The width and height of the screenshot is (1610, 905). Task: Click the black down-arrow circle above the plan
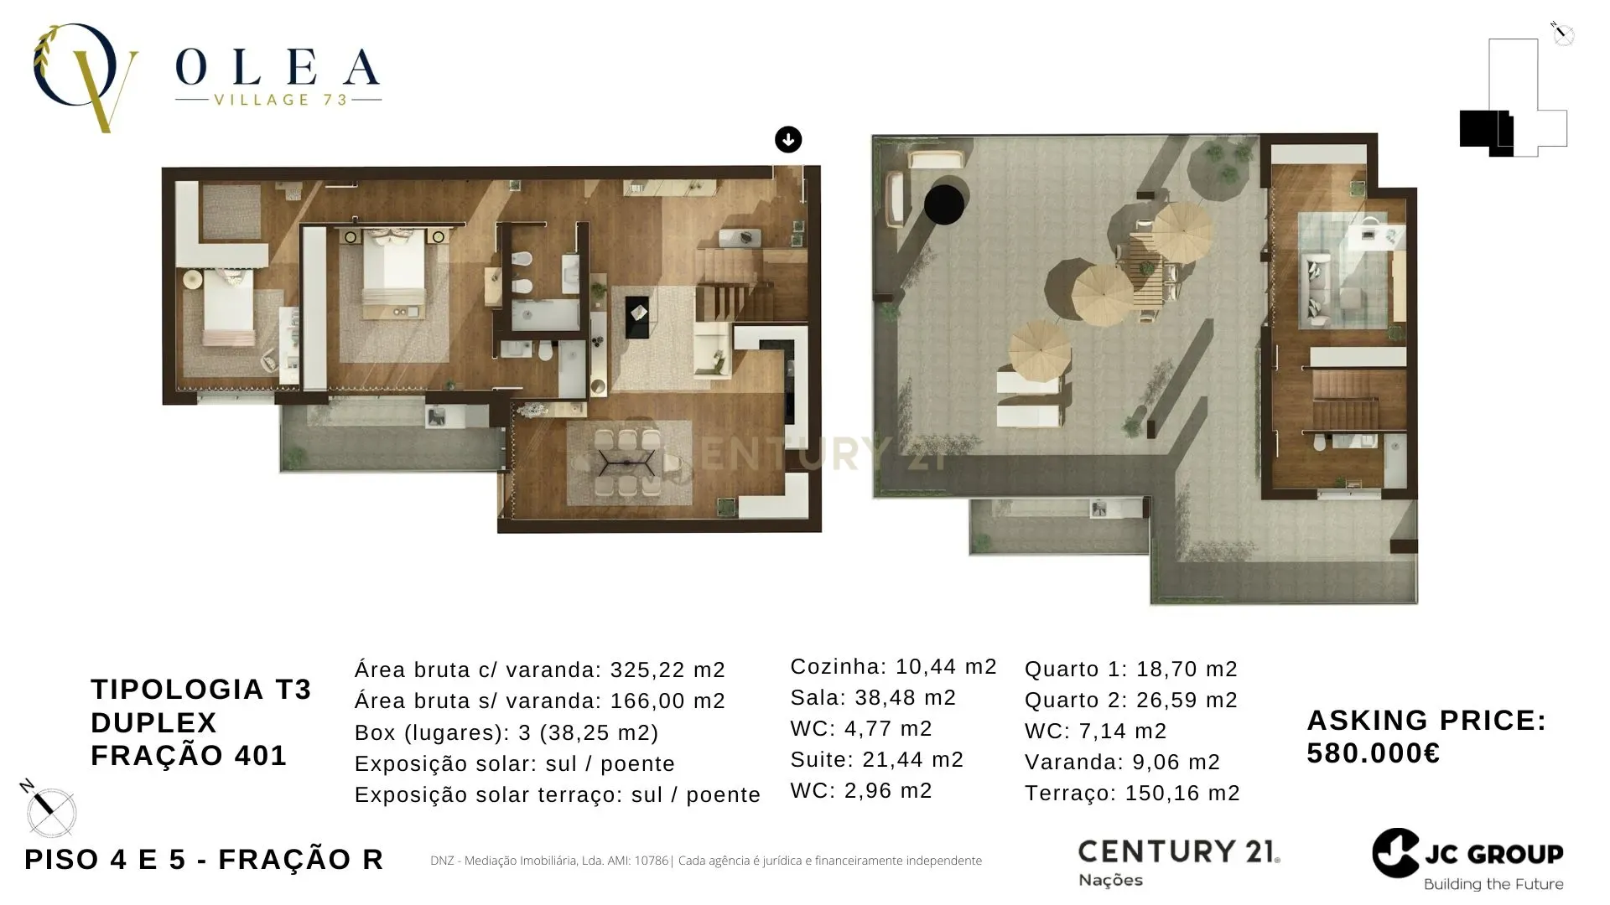pos(788,139)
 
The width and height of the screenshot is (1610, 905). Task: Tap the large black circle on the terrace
pos(944,204)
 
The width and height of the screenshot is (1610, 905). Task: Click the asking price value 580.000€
pos(1374,753)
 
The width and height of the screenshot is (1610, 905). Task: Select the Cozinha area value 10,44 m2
pos(946,667)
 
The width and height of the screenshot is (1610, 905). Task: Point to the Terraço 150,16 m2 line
pos(1132,793)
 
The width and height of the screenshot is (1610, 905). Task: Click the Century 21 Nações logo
pos(1178,861)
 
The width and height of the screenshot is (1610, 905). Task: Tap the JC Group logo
pos(1468,860)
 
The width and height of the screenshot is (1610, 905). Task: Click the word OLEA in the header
pos(278,68)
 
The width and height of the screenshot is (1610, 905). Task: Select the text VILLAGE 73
pos(280,100)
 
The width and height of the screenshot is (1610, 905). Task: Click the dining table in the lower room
pos(627,463)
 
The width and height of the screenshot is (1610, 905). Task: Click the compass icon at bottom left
pos(50,810)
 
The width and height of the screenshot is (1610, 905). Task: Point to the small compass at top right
pos(1562,34)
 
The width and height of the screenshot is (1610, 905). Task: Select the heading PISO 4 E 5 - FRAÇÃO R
pos(204,859)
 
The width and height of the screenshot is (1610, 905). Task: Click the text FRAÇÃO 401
pos(189,755)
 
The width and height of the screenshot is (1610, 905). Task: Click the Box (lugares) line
pos(506,732)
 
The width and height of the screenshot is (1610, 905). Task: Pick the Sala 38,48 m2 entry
pos(873,697)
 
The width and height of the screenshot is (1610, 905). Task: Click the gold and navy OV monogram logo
pos(84,77)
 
